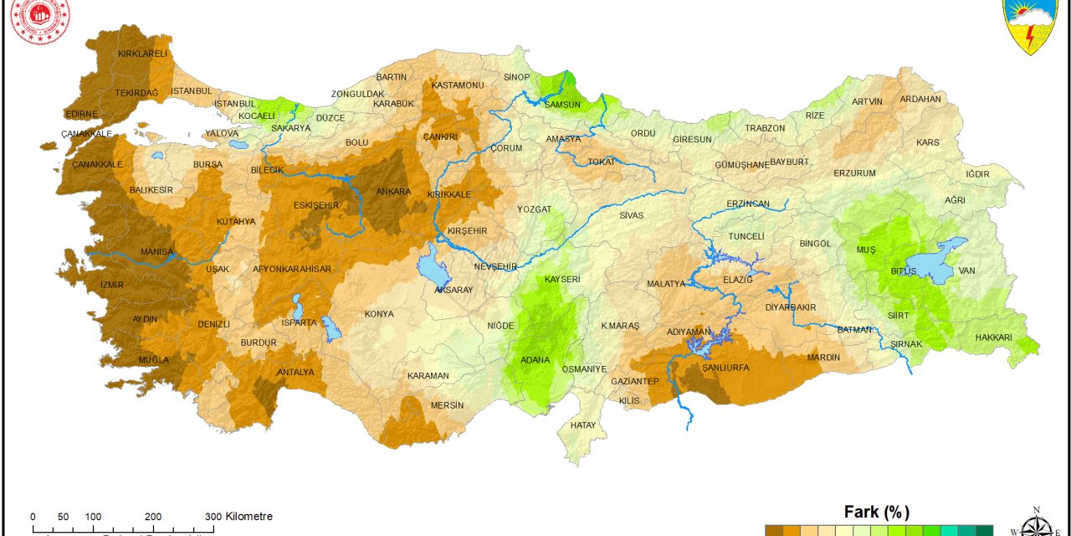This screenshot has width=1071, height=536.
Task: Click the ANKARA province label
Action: click(393, 192)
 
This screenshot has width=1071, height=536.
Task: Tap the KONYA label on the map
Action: click(379, 315)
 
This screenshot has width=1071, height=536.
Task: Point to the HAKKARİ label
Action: click(993, 338)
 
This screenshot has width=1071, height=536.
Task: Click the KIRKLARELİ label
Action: click(143, 54)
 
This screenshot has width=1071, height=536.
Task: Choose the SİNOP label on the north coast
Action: click(517, 77)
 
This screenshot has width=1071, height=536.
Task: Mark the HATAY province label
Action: click(583, 425)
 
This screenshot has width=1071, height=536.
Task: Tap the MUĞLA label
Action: click(153, 360)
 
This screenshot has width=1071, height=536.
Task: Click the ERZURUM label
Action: click(854, 173)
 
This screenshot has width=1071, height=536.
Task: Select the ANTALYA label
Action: click(295, 372)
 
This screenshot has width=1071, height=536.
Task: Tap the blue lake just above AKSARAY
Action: click(433, 267)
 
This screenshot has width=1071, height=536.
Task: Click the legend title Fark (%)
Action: click(876, 513)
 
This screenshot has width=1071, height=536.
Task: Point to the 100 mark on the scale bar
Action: click(93, 517)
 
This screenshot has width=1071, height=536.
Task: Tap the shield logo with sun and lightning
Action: click(1034, 25)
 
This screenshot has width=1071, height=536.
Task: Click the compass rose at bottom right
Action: click(1036, 524)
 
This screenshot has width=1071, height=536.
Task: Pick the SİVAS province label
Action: click(632, 215)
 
